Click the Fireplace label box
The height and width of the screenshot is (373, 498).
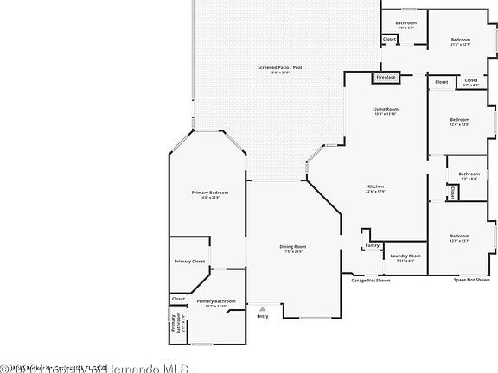[x=386, y=78]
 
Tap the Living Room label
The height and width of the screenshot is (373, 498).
[x=386, y=110]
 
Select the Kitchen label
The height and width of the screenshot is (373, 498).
[x=376, y=187]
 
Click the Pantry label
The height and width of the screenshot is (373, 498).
[x=373, y=245]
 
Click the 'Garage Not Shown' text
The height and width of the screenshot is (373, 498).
[x=370, y=280]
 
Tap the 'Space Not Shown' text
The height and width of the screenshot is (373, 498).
[x=471, y=280]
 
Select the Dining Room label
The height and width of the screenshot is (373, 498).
[x=292, y=247]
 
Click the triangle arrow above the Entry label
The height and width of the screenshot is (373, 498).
[x=263, y=306]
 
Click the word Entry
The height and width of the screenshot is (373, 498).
[x=263, y=315]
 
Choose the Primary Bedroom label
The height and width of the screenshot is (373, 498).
[x=210, y=193]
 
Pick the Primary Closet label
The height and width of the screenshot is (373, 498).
[x=188, y=261]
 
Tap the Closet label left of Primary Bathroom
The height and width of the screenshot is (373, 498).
[x=178, y=299]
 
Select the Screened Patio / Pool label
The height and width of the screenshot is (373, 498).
[x=279, y=68]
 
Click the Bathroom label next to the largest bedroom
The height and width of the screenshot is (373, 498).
[x=406, y=23]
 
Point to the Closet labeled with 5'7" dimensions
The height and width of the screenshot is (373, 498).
[x=471, y=81]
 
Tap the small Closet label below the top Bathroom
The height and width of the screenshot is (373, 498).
[x=390, y=39]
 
